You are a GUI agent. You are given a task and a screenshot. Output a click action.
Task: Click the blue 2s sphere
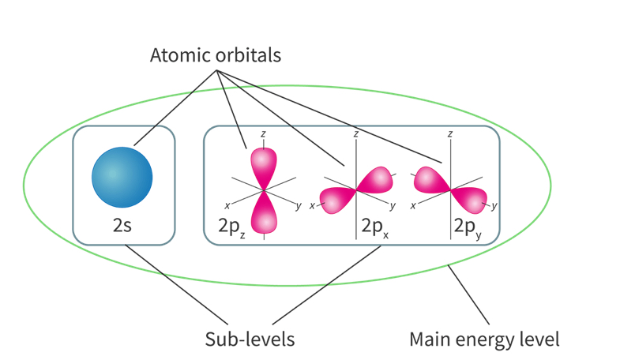[122, 175]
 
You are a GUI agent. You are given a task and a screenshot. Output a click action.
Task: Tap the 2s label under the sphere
[122, 225]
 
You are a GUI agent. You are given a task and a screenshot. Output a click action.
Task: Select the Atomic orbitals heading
[216, 56]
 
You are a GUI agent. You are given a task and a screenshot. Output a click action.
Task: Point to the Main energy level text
[484, 339]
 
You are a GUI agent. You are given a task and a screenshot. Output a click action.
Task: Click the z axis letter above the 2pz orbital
[263, 135]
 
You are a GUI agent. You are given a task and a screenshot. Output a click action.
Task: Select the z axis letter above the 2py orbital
[450, 135]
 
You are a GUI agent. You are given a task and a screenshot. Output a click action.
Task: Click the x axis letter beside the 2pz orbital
[227, 206]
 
